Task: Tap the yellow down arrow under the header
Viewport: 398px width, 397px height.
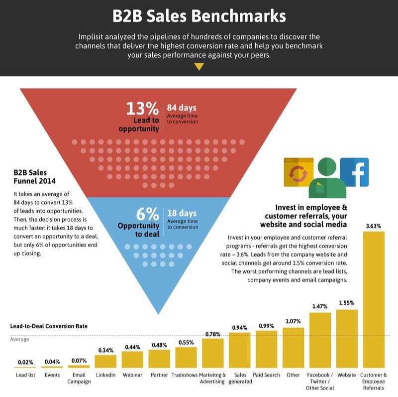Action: pyautogui.click(x=199, y=67)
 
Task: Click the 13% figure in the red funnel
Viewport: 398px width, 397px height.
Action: pyautogui.click(x=142, y=109)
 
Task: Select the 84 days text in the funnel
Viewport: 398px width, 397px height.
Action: pyautogui.click(x=182, y=108)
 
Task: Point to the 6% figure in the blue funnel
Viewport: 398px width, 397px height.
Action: pyautogui.click(x=147, y=214)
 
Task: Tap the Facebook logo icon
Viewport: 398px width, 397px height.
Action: pyautogui.click(x=354, y=172)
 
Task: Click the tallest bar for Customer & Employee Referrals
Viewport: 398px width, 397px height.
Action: pyautogui.click(x=374, y=299)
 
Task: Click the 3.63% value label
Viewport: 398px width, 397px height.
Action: pyautogui.click(x=374, y=226)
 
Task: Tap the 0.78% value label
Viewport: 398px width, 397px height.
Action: pyautogui.click(x=213, y=334)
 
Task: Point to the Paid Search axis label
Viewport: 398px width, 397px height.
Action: pyautogui.click(x=267, y=375)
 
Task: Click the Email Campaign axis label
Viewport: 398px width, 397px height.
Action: pyautogui.click(x=79, y=378)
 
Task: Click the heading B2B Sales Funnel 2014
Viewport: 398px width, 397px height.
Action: pyautogui.click(x=34, y=176)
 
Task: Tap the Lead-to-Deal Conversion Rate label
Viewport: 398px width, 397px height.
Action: pyautogui.click(x=48, y=326)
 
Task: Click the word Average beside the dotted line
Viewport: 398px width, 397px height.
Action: pyautogui.click(x=20, y=339)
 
